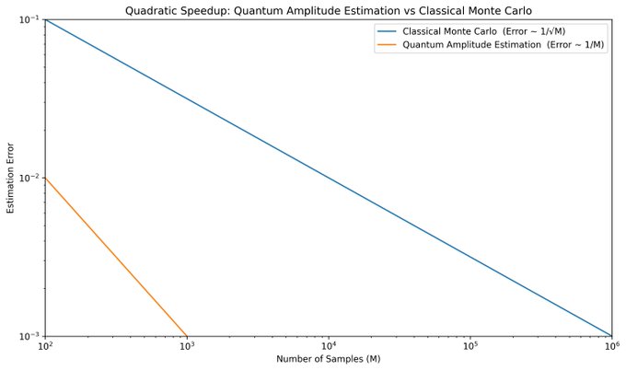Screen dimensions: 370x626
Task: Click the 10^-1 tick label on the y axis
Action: tap(29, 19)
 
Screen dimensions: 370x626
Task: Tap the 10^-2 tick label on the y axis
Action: tap(29, 178)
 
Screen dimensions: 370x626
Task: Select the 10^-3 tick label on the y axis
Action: tap(29, 336)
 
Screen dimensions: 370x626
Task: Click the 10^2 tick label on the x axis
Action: tap(45, 347)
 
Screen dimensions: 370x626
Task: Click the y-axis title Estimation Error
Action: tap(10, 178)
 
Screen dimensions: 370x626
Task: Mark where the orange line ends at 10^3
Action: tap(187, 336)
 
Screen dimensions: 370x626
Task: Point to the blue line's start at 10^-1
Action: tap(45, 19)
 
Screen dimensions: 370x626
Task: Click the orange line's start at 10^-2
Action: tap(45, 178)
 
